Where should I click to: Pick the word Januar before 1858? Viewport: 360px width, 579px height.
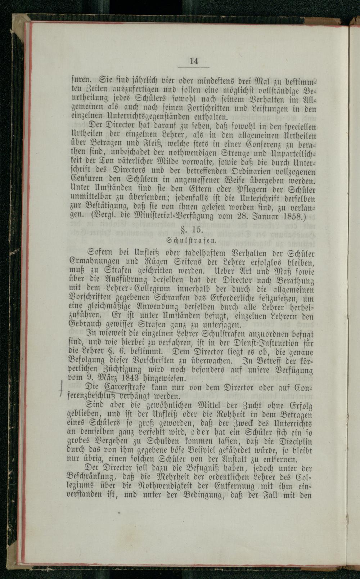[x=266, y=216]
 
